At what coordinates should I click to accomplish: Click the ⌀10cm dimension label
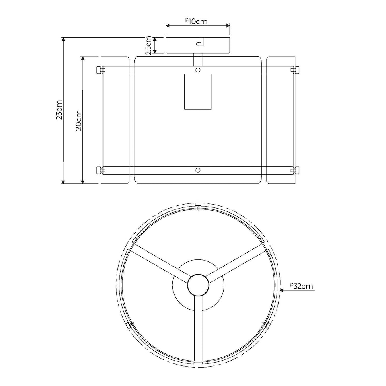tap(196, 21)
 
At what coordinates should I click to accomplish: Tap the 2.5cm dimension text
tap(148, 45)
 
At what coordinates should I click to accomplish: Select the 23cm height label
tap(59, 110)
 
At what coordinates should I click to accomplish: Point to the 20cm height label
tap(78, 120)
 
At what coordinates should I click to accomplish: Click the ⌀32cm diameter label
tap(301, 286)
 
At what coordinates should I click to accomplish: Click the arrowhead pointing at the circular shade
tap(282, 290)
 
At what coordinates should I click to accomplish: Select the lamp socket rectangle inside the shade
tap(198, 92)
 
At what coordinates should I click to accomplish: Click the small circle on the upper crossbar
tap(198, 70)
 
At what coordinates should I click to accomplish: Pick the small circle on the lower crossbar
tap(198, 170)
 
